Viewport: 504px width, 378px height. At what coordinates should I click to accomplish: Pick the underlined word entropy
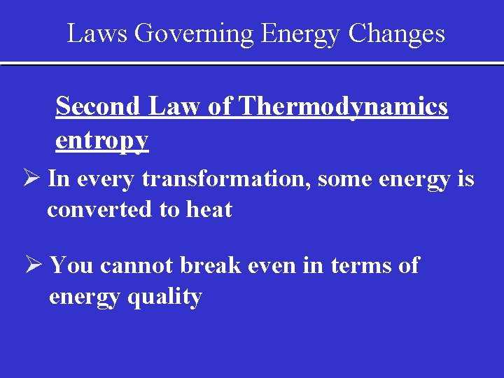click(101, 141)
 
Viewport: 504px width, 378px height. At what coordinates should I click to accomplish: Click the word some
click(341, 179)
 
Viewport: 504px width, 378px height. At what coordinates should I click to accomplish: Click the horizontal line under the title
click(252, 64)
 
